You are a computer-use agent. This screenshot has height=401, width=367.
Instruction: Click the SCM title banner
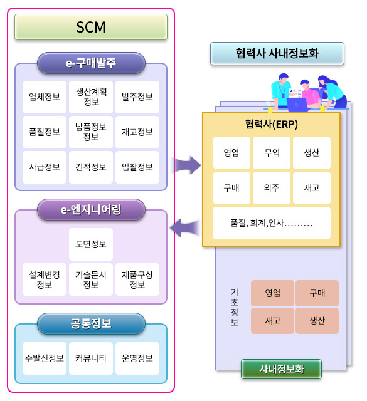tap(91, 27)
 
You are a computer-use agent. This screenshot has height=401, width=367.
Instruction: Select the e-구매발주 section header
tap(91, 63)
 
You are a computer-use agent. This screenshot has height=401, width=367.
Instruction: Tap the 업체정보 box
tap(45, 97)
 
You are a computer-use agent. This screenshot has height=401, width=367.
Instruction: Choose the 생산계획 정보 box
tap(91, 97)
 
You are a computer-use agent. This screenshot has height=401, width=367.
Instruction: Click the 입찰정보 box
tap(137, 167)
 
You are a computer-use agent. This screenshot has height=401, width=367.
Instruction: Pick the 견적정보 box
tap(91, 167)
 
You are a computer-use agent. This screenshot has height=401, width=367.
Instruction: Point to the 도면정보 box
tap(91, 244)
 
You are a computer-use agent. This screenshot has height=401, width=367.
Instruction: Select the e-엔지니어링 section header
tap(91, 210)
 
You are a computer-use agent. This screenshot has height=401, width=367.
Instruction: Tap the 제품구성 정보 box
tap(137, 279)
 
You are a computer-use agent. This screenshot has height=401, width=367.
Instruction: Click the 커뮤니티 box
tap(91, 358)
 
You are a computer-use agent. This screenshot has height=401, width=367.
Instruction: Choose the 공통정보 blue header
tap(91, 323)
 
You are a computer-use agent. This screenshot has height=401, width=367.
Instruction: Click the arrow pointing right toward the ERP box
tap(187, 165)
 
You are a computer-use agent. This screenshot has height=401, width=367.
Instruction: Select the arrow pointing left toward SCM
tap(184, 227)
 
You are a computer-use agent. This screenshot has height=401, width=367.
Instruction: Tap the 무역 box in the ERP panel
tap(272, 153)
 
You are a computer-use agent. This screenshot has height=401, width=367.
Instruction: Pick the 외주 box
tap(272, 188)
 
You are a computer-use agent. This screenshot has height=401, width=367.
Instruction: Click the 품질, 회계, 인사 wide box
tap(272, 223)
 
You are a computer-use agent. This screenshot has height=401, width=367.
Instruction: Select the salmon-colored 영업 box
tap(272, 293)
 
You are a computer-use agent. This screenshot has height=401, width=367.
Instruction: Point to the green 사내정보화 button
tap(281, 369)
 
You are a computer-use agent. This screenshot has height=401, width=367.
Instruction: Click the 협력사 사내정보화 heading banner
tap(277, 53)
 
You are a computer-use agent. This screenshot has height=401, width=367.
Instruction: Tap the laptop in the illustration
tap(297, 104)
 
